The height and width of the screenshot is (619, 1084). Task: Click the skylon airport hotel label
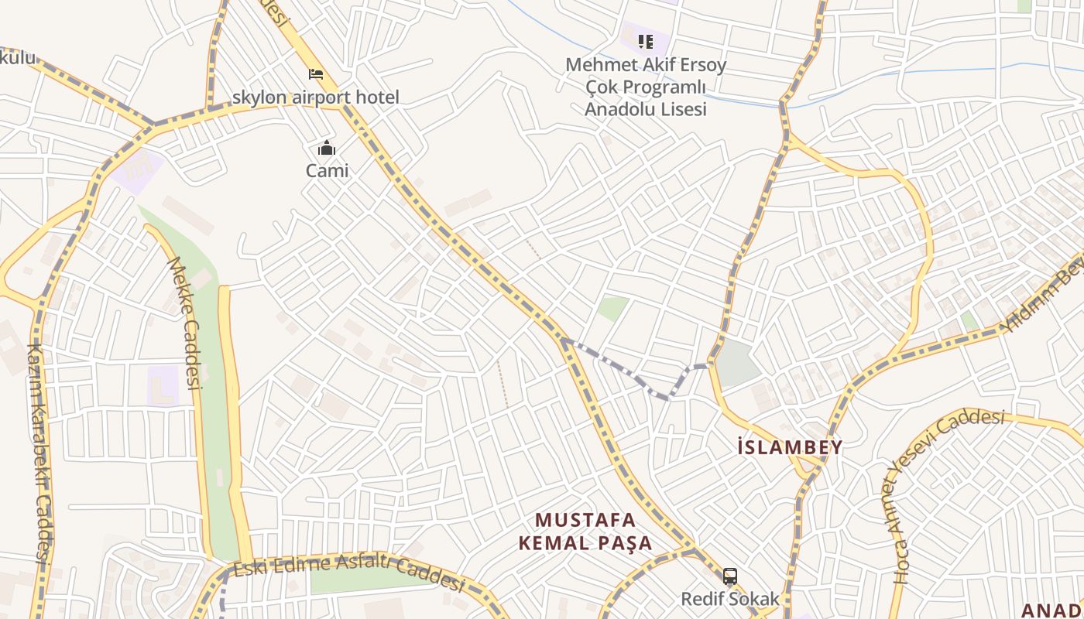coord(316,97)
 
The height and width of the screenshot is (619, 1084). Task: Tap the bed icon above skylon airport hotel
coord(316,74)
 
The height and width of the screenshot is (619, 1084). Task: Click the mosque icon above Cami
coord(327,148)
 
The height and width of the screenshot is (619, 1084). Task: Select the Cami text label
coord(327,170)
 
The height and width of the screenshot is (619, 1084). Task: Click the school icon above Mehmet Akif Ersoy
coord(645,41)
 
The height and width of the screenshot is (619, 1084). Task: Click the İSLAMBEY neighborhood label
coord(790,447)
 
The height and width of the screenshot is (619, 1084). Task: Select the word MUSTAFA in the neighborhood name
coord(585,519)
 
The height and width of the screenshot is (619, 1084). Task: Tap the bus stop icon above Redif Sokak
coord(729,576)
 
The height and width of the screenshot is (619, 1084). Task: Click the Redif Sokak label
coord(729,599)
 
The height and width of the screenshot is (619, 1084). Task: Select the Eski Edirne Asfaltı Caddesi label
coord(348,571)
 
